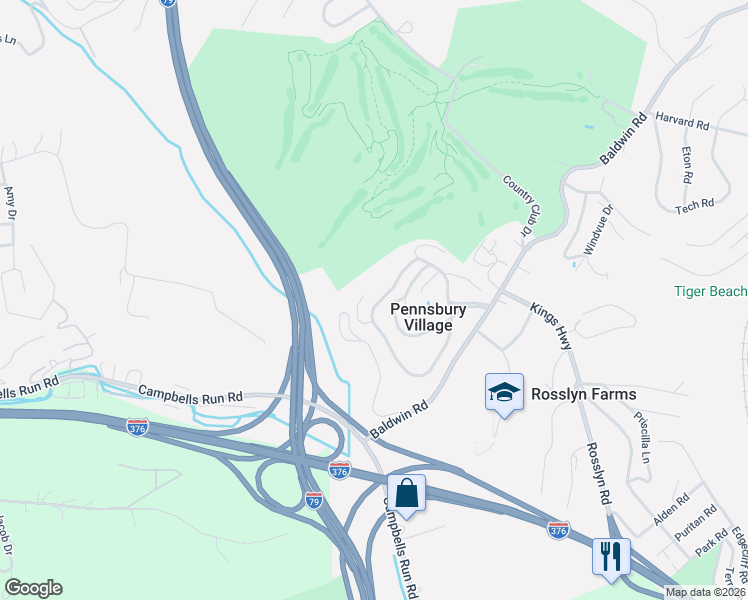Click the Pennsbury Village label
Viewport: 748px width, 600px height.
click(x=428, y=317)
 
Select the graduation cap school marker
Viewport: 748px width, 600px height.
click(x=504, y=393)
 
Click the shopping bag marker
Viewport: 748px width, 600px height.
click(x=407, y=493)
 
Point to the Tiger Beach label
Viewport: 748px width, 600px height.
click(x=710, y=291)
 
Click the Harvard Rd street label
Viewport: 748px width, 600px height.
click(x=683, y=124)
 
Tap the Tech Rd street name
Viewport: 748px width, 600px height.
click(x=694, y=205)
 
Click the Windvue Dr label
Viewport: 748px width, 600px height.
click(x=591, y=229)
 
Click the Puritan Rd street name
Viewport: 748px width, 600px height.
click(x=696, y=523)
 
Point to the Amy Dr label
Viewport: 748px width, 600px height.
click(x=11, y=204)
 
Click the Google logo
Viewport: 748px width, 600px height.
click(x=33, y=588)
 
